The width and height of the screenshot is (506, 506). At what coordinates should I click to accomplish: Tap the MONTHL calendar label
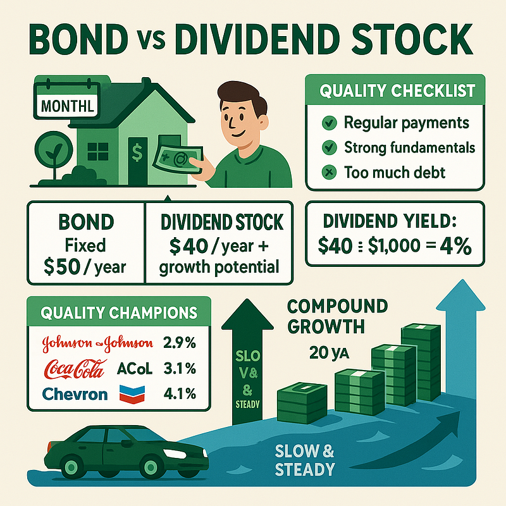(x=67, y=106)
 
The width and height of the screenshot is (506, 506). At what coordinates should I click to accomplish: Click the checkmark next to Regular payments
(x=328, y=123)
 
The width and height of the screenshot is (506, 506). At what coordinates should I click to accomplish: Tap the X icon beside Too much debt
(x=328, y=171)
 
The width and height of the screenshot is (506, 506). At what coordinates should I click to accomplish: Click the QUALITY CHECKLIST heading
(x=397, y=90)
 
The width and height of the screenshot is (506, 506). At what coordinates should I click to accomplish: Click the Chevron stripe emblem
(x=131, y=393)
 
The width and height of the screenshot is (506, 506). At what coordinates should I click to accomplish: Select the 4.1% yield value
(x=179, y=393)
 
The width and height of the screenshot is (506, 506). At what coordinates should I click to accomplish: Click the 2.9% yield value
(x=179, y=343)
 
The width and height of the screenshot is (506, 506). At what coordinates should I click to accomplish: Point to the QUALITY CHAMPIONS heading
(x=118, y=312)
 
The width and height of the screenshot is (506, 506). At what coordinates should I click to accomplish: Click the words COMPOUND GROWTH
(x=335, y=317)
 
